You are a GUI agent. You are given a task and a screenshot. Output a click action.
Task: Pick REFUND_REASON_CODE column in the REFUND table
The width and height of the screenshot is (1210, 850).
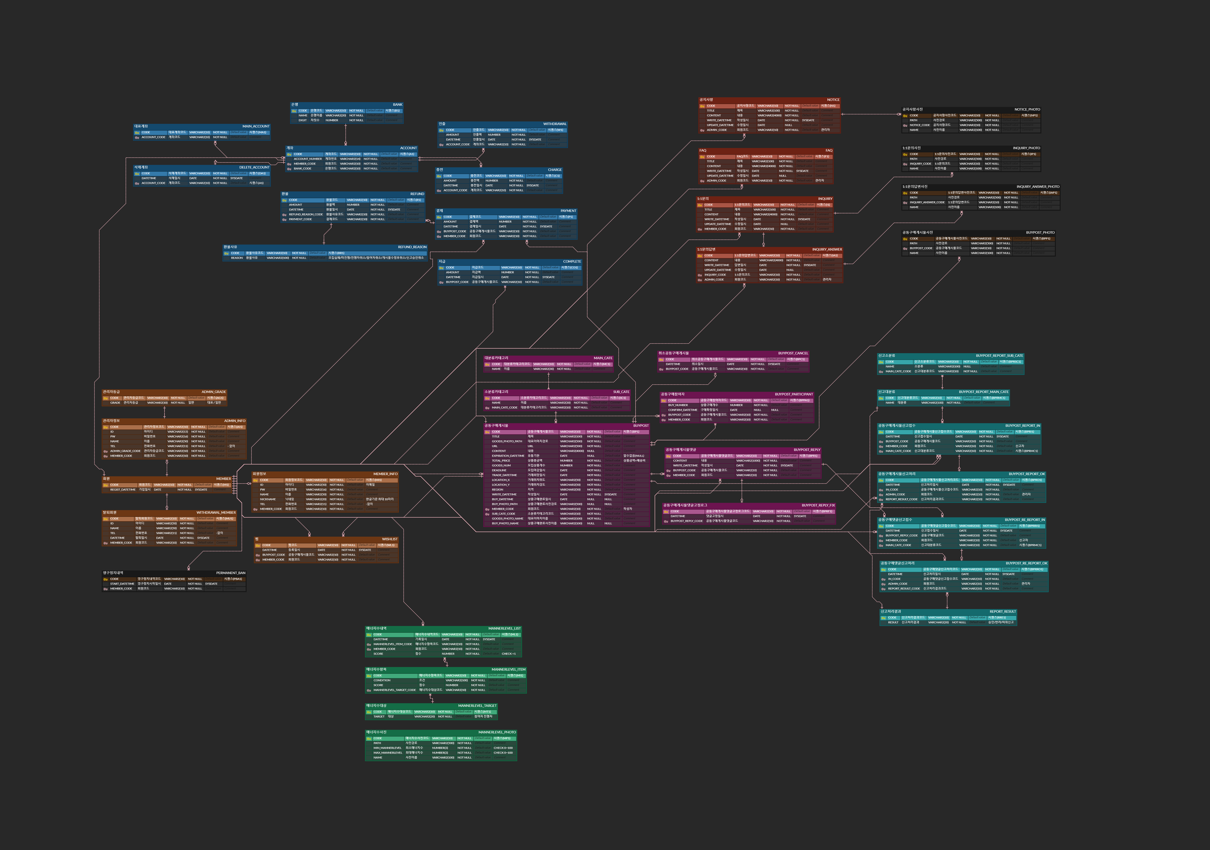tap(306, 214)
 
